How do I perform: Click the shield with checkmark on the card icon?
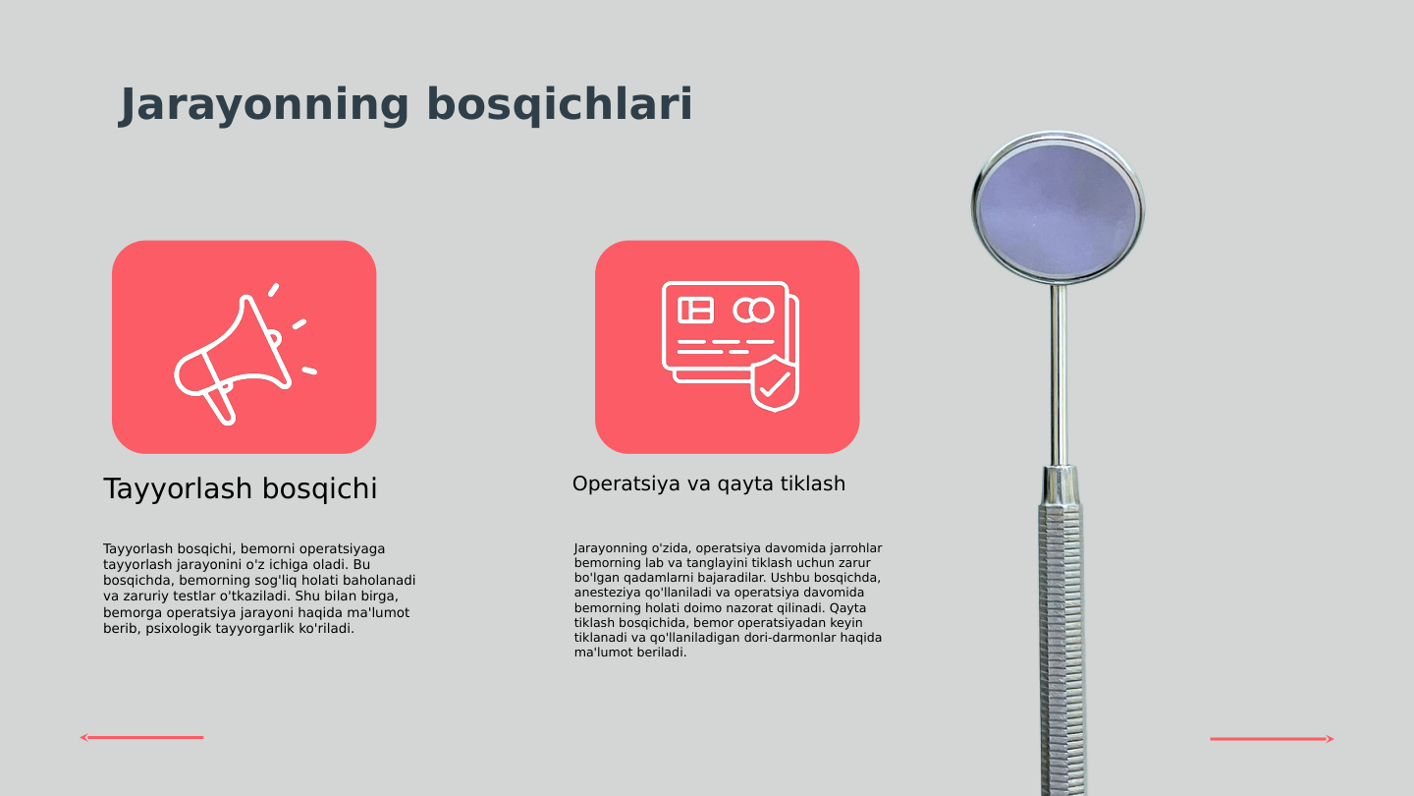(x=774, y=384)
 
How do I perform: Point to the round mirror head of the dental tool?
(x=1058, y=208)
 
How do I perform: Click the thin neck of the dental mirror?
(x=1059, y=373)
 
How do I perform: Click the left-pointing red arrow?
(x=141, y=737)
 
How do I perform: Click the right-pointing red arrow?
(x=1273, y=739)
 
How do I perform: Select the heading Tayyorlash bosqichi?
(x=241, y=488)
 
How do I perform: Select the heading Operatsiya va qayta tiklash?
(x=708, y=483)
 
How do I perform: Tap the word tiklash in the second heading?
(x=811, y=483)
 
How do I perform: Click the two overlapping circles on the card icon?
(x=753, y=311)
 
